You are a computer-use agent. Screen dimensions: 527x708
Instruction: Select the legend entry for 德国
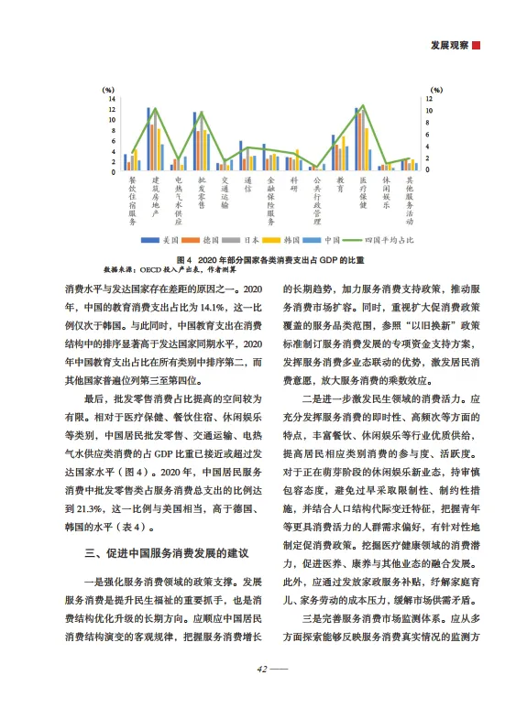(209, 240)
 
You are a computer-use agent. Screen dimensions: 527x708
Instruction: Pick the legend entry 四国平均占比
(383, 240)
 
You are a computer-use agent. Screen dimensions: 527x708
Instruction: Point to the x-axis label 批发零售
(202, 192)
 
